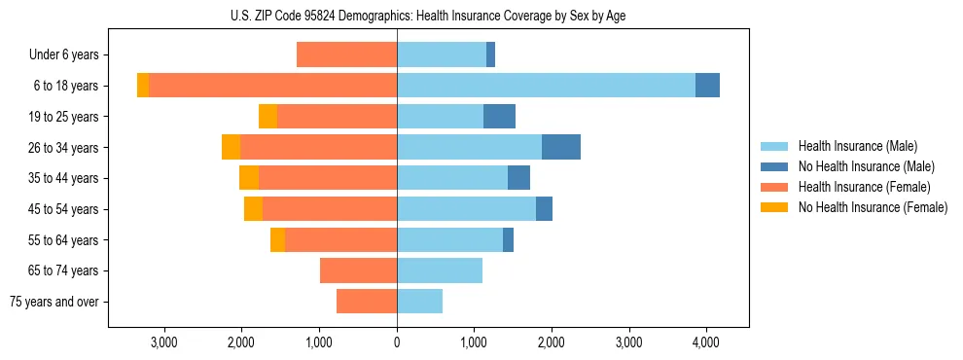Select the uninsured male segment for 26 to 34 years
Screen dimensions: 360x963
tap(561, 147)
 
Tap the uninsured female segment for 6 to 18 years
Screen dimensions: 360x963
tap(143, 86)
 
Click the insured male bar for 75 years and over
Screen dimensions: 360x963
tap(419, 302)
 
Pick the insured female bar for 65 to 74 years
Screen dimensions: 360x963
tap(358, 270)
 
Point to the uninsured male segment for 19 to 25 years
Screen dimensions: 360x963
tap(499, 117)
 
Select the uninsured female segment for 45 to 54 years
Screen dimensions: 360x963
tap(253, 209)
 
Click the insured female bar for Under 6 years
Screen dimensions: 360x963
tap(346, 54)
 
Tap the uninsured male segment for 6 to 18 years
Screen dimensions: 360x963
tap(707, 86)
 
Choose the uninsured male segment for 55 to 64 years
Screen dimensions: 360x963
tap(508, 239)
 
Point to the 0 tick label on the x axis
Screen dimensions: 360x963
tap(397, 342)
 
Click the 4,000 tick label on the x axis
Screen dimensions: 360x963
tap(706, 342)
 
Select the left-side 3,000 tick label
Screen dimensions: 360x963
tap(164, 342)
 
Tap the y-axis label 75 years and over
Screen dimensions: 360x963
tap(54, 302)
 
